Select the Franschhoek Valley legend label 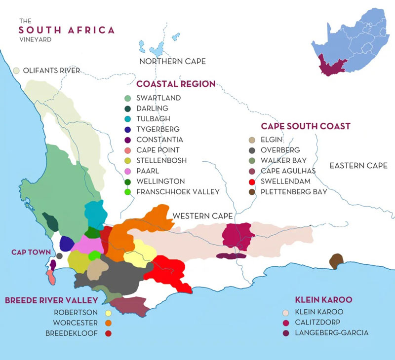pyautogui.click(x=177, y=192)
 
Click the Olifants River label pyautogui.click(x=51, y=71)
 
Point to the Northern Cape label pyautogui.click(x=172, y=62)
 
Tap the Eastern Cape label pyautogui.click(x=358, y=165)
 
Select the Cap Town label pyautogui.click(x=31, y=252)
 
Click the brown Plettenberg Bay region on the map pyautogui.click(x=336, y=261)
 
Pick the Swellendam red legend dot pyautogui.click(x=253, y=181)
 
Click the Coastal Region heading pyautogui.click(x=176, y=84)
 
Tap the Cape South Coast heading pyautogui.click(x=306, y=126)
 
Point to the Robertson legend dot pyautogui.click(x=108, y=313)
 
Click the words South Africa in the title pyautogui.click(x=67, y=30)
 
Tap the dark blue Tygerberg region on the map pyautogui.click(x=66, y=243)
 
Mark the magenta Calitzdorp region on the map pyautogui.click(x=237, y=236)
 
